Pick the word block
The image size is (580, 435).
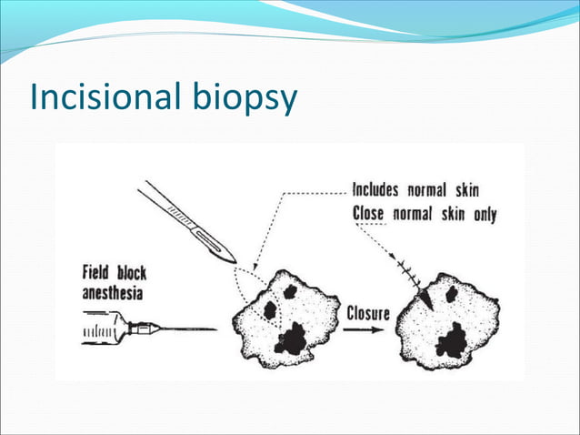[x=130, y=272]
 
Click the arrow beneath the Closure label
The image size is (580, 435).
[x=369, y=331]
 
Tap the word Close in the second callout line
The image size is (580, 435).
[x=367, y=215]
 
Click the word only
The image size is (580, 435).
[x=483, y=215]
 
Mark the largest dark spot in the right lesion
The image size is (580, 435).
[x=451, y=342]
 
